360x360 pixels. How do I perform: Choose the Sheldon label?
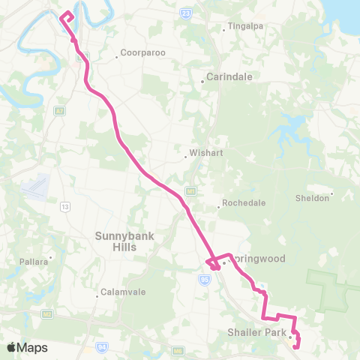click(313, 198)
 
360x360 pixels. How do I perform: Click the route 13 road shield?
click(65, 205)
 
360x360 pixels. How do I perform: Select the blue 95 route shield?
click(203, 278)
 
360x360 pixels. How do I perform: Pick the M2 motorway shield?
click(46, 313)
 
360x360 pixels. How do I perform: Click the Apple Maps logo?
click(27, 347)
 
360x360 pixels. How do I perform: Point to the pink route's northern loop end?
click(67, 13)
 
